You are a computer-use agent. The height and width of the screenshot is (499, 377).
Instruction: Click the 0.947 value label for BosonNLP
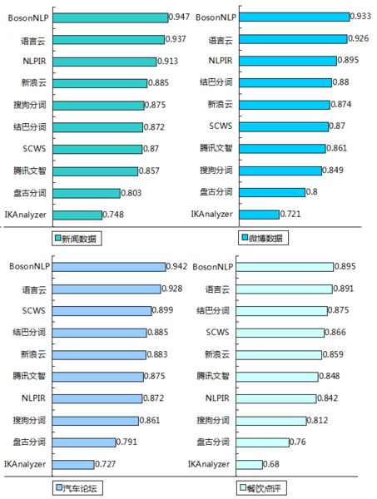pyautogui.click(x=179, y=17)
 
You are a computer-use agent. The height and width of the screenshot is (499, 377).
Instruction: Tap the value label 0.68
pyautogui.click(x=272, y=463)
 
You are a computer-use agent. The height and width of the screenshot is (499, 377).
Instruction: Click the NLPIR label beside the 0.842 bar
pyautogui.click(x=216, y=398)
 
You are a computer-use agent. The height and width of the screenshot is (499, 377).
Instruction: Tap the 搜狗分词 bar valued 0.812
pyautogui.click(x=271, y=420)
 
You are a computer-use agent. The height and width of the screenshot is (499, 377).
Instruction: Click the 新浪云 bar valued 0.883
pyautogui.click(x=101, y=354)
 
